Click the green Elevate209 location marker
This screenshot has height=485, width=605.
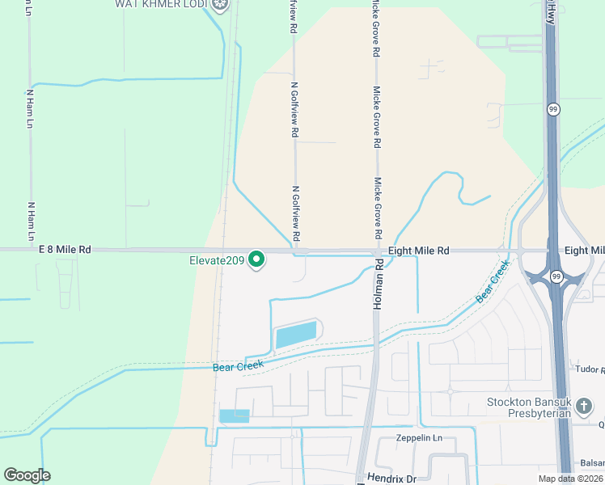coord(257,259)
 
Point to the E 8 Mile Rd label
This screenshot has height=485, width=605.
coord(64,251)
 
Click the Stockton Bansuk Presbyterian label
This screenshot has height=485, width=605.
coord(529,407)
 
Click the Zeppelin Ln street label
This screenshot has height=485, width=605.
coord(420,438)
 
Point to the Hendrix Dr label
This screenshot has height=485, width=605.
coord(387,479)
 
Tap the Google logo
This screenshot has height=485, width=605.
coord(27,474)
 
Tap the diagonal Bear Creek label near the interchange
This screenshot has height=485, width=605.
coord(493,282)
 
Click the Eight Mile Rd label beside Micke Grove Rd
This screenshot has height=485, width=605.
coord(418,251)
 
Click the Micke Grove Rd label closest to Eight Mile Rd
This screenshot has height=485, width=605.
coord(377,209)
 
